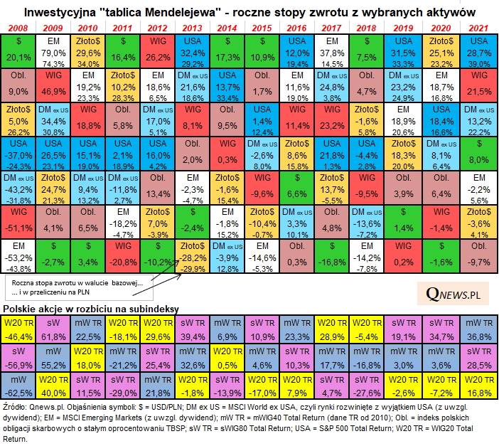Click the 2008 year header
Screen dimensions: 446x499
click(19, 28)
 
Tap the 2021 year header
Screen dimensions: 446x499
click(478, 28)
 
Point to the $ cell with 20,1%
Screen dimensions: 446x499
click(19, 51)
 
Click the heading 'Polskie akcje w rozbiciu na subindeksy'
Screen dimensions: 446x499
click(92, 308)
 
